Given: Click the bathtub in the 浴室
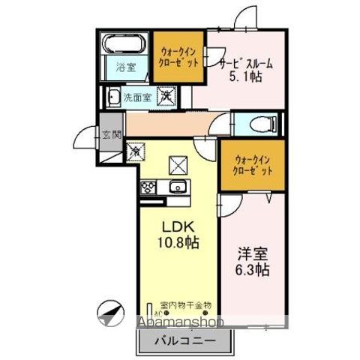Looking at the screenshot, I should (125, 43).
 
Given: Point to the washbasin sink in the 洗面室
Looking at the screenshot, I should (112, 97).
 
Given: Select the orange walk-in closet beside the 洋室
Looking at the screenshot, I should (253, 165).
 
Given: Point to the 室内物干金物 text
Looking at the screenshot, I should (185, 305).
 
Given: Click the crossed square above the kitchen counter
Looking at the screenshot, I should (178, 161).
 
